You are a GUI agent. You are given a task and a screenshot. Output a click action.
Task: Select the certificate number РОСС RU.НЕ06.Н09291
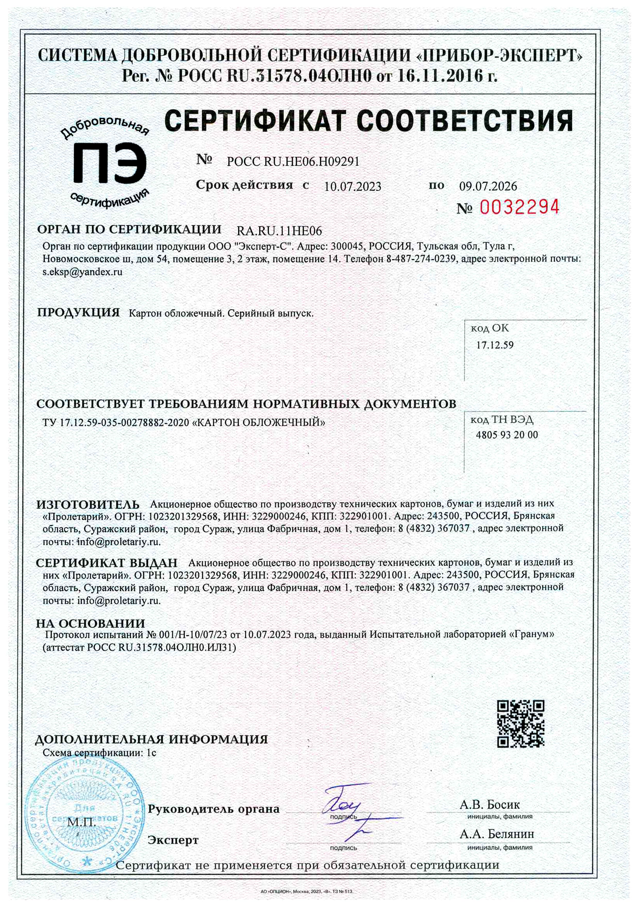click(x=293, y=162)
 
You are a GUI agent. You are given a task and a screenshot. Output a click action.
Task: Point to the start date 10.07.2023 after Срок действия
click(x=352, y=186)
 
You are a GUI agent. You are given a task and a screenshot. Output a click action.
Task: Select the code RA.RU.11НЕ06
click(x=279, y=231)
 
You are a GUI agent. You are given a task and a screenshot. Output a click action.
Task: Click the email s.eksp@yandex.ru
click(x=83, y=272)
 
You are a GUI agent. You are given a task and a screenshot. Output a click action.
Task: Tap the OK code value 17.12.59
click(x=495, y=345)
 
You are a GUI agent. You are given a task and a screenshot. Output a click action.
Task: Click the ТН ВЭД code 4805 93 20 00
click(x=507, y=435)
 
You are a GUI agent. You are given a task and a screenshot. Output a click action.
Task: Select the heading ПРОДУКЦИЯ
click(x=78, y=312)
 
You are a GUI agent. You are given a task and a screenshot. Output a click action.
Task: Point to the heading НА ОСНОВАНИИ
click(x=91, y=623)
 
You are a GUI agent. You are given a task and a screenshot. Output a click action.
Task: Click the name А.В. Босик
click(x=490, y=805)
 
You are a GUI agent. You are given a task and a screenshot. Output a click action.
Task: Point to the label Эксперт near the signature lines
click(x=173, y=840)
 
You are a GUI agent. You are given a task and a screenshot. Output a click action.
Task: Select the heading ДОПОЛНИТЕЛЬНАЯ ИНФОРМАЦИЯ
click(x=151, y=739)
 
